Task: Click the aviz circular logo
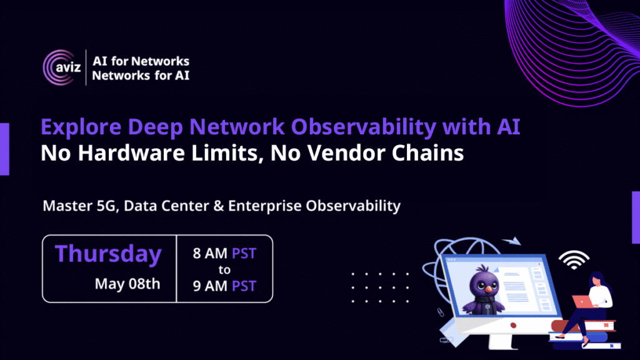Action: pyautogui.click(x=62, y=67)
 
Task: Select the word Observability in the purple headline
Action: pyautogui.click(x=364, y=127)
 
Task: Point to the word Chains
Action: pyautogui.click(x=427, y=153)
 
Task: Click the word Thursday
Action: pyautogui.click(x=108, y=254)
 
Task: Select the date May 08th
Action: pyautogui.click(x=127, y=284)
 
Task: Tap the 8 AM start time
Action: pyautogui.click(x=210, y=254)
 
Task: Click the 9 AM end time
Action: pyautogui.click(x=210, y=286)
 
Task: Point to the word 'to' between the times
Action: pyautogui.click(x=224, y=270)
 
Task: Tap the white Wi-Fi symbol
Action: pyautogui.click(x=574, y=260)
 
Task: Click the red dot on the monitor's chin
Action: pyautogui.click(x=513, y=325)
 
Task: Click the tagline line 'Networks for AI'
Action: pyautogui.click(x=141, y=76)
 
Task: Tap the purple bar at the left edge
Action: pyautogui.click(x=4, y=149)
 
